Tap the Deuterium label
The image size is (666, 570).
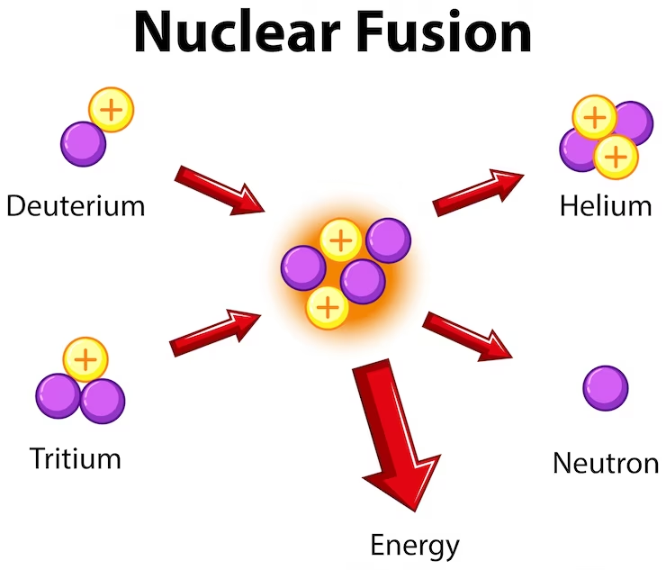pyautogui.click(x=75, y=205)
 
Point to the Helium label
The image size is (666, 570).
pyautogui.click(x=605, y=205)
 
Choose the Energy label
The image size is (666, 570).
pyautogui.click(x=415, y=545)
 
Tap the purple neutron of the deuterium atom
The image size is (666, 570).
pyautogui.click(x=83, y=143)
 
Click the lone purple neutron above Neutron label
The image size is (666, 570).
pyautogui.click(x=606, y=388)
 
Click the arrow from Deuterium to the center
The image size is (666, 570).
pyautogui.click(x=219, y=190)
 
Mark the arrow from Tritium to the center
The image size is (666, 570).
pyautogui.click(x=216, y=331)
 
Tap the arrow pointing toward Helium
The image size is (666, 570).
pyautogui.click(x=477, y=191)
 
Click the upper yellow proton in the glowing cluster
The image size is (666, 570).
pyautogui.click(x=340, y=240)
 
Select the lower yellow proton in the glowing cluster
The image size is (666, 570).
pyautogui.click(x=328, y=307)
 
